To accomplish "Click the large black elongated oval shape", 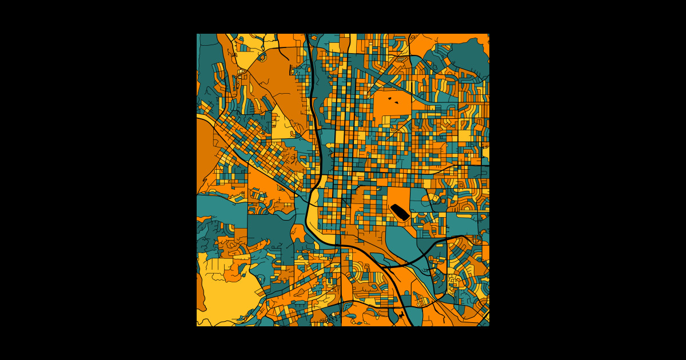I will pos(399,212).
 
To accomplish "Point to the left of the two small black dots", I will pos(389,98).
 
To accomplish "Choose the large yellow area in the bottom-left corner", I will pos(226,294).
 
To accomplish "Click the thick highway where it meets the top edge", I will pos(307,36).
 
